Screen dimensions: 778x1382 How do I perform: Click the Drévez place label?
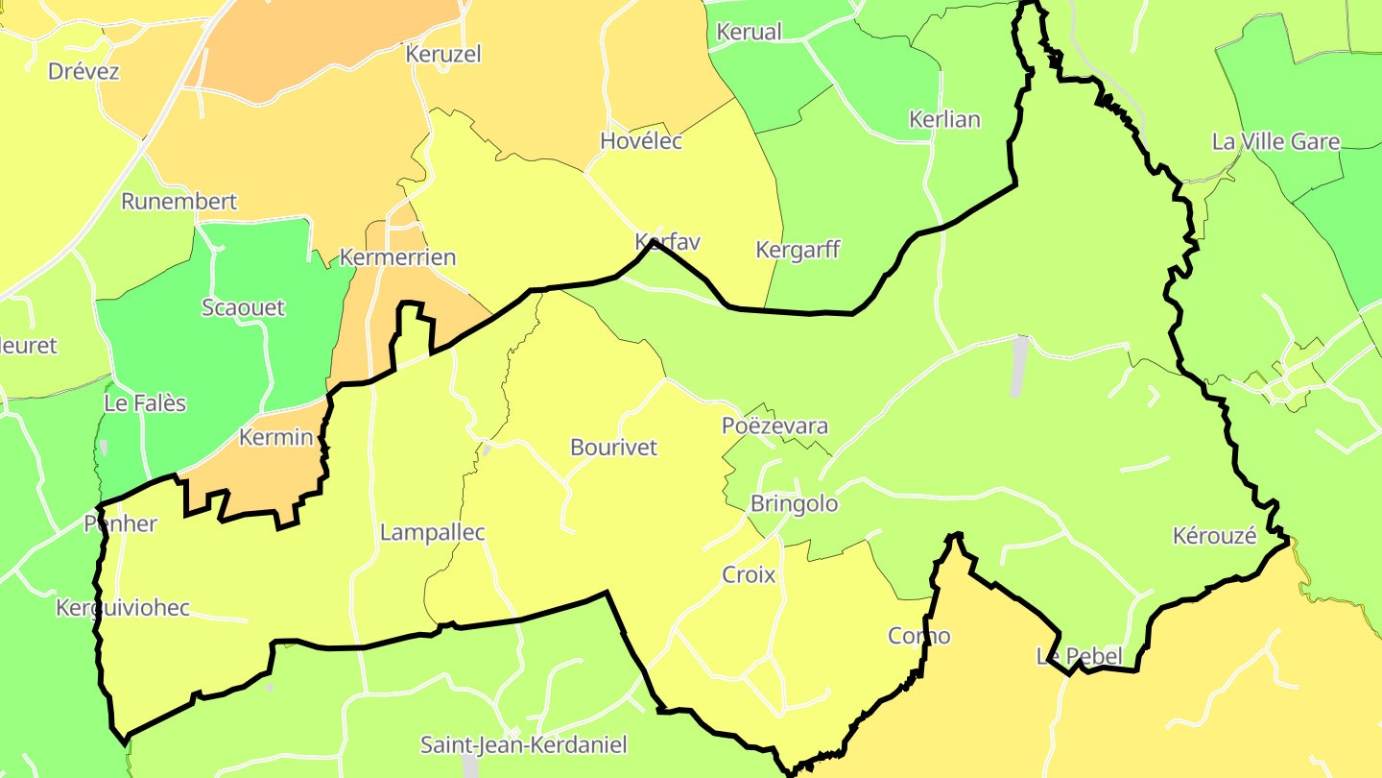83,71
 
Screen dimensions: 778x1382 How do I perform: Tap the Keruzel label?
442,54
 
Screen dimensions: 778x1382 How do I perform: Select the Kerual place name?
750,32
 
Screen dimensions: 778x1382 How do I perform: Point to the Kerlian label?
944,120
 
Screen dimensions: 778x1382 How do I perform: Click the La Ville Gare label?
1275,142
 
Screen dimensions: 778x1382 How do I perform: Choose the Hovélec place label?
641,141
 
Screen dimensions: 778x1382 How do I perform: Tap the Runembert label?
179,202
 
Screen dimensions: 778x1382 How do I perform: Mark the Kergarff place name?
798,250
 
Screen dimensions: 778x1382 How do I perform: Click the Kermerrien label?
397,258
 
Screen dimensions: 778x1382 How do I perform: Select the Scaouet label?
243,308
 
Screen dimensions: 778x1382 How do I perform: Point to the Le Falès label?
145,403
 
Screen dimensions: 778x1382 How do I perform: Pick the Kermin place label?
275,438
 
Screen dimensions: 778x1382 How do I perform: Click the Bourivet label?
613,448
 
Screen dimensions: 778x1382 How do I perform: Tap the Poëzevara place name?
774,426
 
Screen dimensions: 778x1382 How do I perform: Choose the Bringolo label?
794,504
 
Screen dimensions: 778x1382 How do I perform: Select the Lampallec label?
433,532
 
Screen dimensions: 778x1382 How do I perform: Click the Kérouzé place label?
1214,537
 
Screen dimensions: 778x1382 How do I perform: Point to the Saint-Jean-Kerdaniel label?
523,744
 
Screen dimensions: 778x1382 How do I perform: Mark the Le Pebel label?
1079,657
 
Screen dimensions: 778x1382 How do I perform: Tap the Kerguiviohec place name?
123,608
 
